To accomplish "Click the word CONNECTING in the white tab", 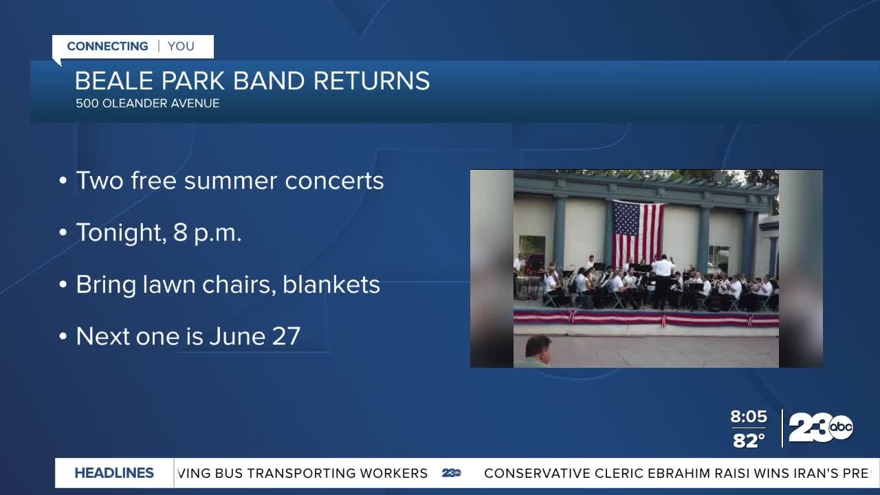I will (107, 46).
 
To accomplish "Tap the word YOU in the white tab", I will (181, 46).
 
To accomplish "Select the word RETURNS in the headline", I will (371, 81).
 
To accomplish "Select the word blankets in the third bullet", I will (331, 285).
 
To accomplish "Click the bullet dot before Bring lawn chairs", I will (63, 285).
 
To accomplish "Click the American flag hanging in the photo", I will (637, 233).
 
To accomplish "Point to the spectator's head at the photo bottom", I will (538, 349).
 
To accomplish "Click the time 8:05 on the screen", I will (748, 417).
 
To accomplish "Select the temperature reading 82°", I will (748, 441).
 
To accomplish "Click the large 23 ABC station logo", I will (820, 428).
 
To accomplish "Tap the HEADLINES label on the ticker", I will (114, 473).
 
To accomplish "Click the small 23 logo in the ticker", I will (452, 473).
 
